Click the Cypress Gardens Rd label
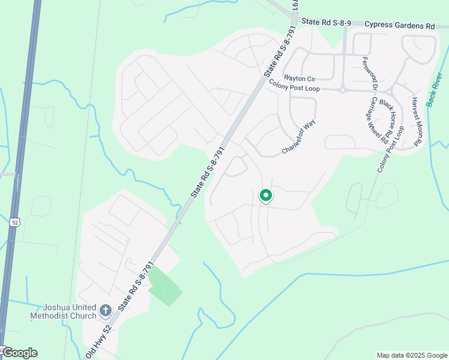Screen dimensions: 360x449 coord(399,25)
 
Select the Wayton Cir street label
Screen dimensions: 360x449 coord(300,78)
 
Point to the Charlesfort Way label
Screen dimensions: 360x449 coord(299,138)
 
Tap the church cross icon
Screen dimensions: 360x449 coord(106,311)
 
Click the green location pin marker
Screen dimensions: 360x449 coord(265,195)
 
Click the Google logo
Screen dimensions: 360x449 coord(20,353)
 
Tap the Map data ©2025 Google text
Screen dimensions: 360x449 coord(412,355)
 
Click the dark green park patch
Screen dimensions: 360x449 coord(164,286)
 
